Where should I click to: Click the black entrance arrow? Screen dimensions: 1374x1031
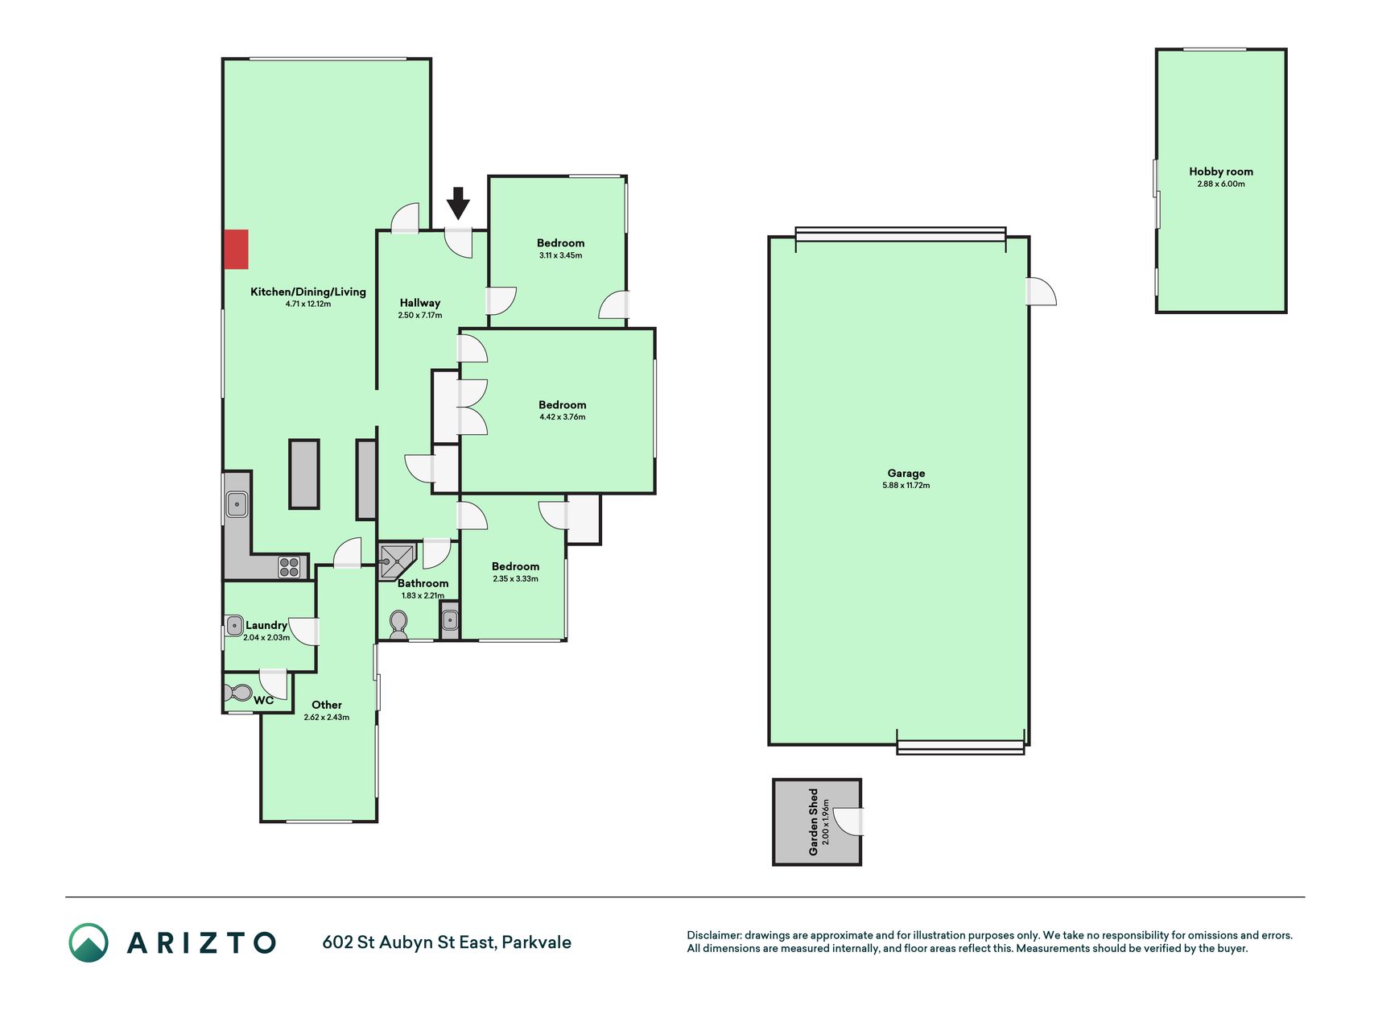coord(458,203)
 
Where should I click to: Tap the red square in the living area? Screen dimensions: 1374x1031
coord(236,249)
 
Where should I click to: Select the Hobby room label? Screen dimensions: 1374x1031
coord(1221,172)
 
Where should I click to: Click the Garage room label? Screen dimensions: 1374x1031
coord(906,474)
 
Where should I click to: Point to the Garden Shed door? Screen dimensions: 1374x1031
coord(848,821)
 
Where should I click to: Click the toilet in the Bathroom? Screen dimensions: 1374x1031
coord(398,623)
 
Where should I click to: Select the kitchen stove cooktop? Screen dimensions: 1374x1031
coord(289,567)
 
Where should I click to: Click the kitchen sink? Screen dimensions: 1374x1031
coord(237,505)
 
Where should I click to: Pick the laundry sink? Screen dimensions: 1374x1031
coord(234,625)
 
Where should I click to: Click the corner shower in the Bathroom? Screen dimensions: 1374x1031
coord(396,561)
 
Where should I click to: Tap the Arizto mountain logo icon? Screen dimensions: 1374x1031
coord(89,942)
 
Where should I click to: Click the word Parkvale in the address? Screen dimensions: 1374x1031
coord(536,942)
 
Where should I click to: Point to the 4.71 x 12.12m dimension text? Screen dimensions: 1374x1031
coord(308,304)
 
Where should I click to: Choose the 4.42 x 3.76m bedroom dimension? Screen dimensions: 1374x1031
coord(563,417)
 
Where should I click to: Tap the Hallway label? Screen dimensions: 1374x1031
coord(420,303)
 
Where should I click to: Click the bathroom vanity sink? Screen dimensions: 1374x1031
coord(450,620)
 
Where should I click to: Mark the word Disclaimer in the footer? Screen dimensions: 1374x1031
coord(713,935)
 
